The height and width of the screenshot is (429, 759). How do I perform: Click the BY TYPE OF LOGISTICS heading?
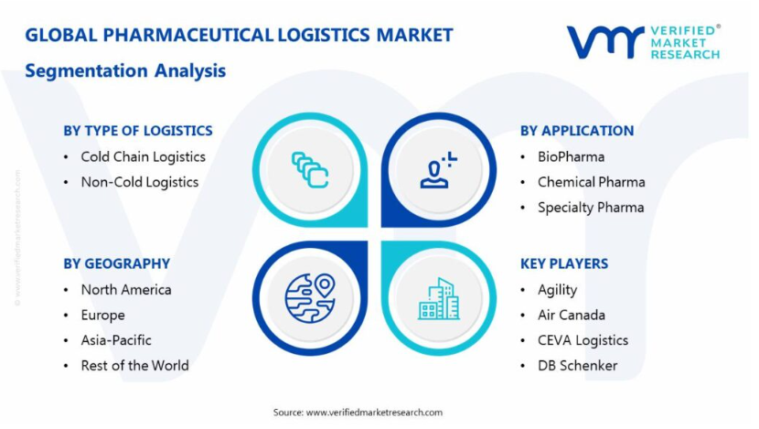138,131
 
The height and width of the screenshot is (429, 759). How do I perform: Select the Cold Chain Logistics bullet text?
144,157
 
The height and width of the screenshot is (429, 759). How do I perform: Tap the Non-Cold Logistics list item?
140,182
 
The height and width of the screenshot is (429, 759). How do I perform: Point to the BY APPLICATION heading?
577,131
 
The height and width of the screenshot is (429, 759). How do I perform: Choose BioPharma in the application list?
572,157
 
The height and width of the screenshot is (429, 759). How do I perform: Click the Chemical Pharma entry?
592,182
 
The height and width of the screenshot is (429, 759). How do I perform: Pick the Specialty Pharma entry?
591,208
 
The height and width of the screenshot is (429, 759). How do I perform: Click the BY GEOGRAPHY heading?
117,263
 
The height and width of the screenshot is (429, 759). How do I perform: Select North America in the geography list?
126,290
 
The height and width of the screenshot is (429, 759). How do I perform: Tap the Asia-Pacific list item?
116,340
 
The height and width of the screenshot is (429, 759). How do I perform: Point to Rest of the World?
135,366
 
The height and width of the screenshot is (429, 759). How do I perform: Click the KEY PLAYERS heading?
564,263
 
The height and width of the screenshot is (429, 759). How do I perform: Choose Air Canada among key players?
572,316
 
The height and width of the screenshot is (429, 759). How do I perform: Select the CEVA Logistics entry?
583,340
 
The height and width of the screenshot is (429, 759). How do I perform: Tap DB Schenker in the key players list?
578,366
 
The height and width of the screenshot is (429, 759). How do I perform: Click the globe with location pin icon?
310,298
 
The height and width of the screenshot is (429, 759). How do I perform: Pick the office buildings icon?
439,299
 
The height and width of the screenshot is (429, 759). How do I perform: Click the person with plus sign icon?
438,170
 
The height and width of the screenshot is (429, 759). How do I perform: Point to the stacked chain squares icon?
310,170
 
